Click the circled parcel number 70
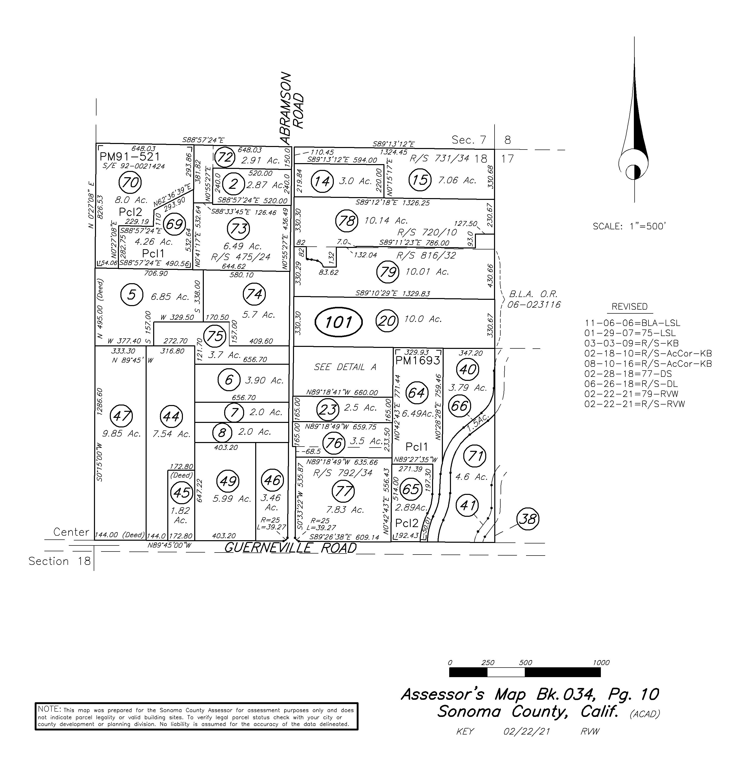(x=130, y=182)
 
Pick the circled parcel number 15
(x=420, y=180)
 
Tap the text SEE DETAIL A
(x=345, y=367)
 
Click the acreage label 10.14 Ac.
(x=386, y=221)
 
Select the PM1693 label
(x=418, y=360)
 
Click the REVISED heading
(x=630, y=307)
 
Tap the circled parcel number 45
(x=182, y=493)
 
